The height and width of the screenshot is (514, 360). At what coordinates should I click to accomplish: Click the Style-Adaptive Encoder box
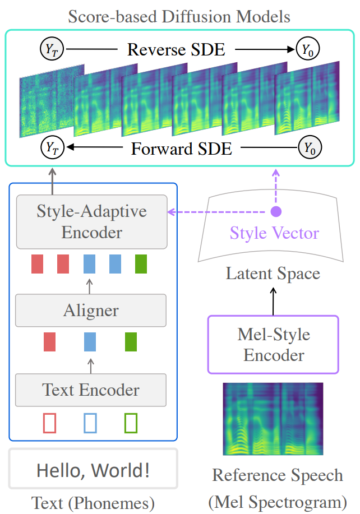tap(92, 222)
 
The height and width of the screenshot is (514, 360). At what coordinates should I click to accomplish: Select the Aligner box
tap(91, 311)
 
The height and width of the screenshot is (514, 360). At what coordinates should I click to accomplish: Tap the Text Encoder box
tap(91, 390)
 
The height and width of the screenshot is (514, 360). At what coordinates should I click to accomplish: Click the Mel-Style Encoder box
tap(273, 345)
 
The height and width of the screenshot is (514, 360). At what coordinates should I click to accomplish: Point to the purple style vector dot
tap(276, 212)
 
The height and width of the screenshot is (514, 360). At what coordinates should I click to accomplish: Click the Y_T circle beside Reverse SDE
tap(52, 49)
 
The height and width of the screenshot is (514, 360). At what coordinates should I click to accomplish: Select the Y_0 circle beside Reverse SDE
tap(307, 49)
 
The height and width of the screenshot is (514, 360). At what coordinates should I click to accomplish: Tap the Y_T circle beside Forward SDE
tap(52, 147)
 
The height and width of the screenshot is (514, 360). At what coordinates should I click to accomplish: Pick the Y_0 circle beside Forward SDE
tap(310, 147)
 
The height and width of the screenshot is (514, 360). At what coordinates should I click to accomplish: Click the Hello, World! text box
tap(93, 469)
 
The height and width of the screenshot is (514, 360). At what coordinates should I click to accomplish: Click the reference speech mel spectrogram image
tap(273, 419)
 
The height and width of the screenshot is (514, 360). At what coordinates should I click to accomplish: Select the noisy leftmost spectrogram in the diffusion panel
tap(52, 101)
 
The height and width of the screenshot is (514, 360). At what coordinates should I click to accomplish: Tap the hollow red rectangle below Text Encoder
tap(49, 423)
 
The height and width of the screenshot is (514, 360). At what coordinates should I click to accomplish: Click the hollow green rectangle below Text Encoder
tap(131, 423)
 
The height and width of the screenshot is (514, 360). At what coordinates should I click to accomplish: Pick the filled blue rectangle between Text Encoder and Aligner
tap(90, 342)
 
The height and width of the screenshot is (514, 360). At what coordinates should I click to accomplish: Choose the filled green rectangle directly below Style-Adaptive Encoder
tap(141, 264)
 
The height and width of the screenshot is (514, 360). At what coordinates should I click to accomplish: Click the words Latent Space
tap(273, 274)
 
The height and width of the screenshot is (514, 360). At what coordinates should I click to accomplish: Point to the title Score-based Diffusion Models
tap(179, 16)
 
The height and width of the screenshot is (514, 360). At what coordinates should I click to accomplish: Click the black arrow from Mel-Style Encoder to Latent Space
tap(273, 301)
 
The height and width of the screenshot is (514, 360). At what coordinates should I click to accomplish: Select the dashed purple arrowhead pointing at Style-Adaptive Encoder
tap(170, 212)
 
